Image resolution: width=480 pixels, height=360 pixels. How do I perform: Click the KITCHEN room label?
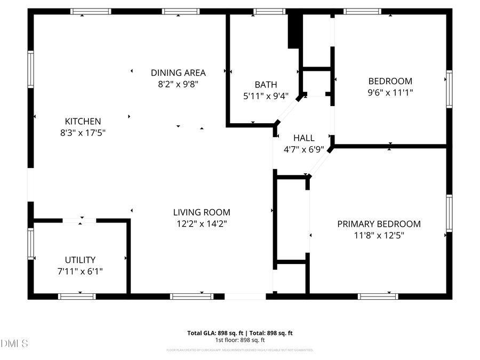click(83, 121)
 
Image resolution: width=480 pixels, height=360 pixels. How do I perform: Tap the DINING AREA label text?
click(178, 73)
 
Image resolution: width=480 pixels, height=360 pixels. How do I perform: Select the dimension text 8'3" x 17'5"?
click(83, 132)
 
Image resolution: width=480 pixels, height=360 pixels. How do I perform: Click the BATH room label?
click(266, 84)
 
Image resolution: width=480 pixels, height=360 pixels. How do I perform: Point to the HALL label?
click(303, 138)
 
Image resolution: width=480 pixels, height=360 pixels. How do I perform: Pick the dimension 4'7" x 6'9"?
click(303, 149)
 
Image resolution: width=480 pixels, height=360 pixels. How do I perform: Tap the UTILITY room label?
click(80, 260)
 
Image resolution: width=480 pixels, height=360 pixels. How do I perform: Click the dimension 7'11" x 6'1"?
click(80, 271)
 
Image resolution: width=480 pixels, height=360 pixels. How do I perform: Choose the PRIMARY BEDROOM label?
click(379, 224)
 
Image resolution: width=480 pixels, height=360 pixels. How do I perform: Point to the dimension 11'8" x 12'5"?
click(379, 236)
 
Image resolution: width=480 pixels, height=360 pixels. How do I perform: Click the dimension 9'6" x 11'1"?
click(390, 92)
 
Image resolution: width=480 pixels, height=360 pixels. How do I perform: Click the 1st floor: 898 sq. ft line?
click(240, 340)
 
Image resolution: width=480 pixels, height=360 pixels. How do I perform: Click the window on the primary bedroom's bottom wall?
click(378, 296)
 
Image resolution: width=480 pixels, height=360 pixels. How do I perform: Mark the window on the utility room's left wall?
click(31, 244)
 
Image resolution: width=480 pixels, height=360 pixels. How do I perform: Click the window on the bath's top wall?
click(269, 11)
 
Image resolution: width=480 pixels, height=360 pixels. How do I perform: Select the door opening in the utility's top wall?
click(79, 220)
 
